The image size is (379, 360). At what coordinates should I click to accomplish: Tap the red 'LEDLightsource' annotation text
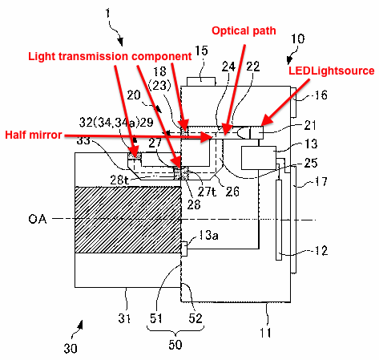[331, 71]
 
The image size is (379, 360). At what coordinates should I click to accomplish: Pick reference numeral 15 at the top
[200, 51]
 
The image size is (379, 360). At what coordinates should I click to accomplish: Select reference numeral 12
[321, 251]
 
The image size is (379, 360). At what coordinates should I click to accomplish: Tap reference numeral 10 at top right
[296, 38]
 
